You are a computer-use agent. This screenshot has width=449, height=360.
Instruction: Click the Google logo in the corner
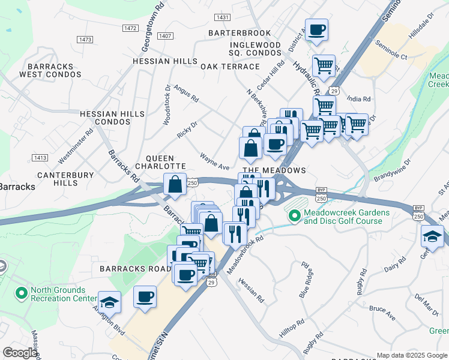pyautogui.click(x=20, y=352)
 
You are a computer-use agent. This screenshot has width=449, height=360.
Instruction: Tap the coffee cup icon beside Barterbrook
pyautogui.click(x=316, y=29)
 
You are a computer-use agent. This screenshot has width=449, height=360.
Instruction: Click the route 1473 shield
pyautogui.click(x=85, y=39)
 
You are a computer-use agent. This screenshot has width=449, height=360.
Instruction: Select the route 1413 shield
pyautogui.click(x=40, y=157)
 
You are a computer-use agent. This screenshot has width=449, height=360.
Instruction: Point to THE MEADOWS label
pyautogui.click(x=274, y=170)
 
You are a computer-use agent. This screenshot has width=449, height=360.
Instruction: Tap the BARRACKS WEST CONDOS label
pyautogui.click(x=50, y=70)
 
